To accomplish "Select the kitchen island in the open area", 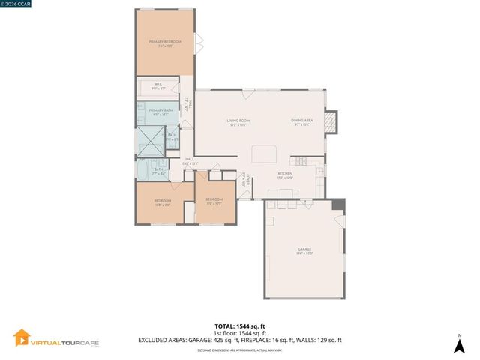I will coord(264,153).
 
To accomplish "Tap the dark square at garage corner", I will coord(338,204).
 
